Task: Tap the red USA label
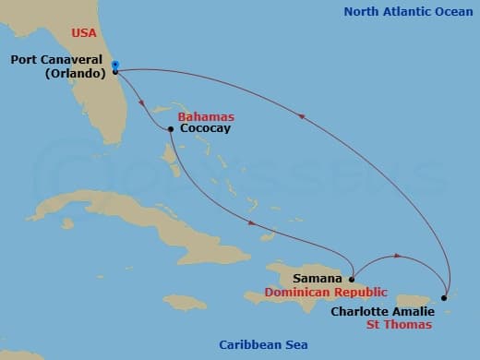[x=85, y=33]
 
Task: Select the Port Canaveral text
[x=57, y=60]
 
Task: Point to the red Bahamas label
[x=205, y=117]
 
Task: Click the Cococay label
[x=205, y=129]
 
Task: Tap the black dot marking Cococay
[x=171, y=129]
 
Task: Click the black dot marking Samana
[x=352, y=278]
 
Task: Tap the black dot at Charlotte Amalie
[x=444, y=297]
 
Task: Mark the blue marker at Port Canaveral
[x=114, y=65]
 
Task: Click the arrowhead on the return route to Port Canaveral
[x=301, y=115]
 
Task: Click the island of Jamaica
[x=185, y=302]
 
